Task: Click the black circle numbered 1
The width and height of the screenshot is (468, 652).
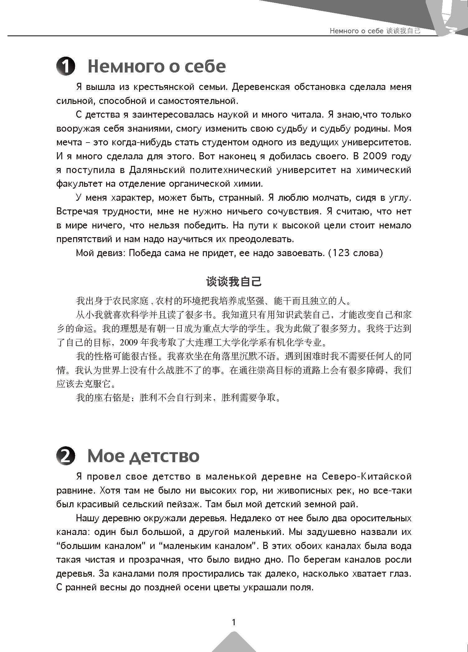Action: [x=66, y=67]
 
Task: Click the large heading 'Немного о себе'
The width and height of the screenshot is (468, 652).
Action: [x=157, y=66]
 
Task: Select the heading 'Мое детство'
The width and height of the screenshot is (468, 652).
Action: [x=143, y=456]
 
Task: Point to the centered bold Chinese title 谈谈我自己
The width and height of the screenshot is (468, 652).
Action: [x=234, y=282]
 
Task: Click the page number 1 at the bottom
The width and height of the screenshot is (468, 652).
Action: [x=234, y=622]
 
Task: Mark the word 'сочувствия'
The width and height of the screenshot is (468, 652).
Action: [x=293, y=212]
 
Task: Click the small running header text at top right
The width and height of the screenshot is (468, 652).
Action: [x=375, y=31]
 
